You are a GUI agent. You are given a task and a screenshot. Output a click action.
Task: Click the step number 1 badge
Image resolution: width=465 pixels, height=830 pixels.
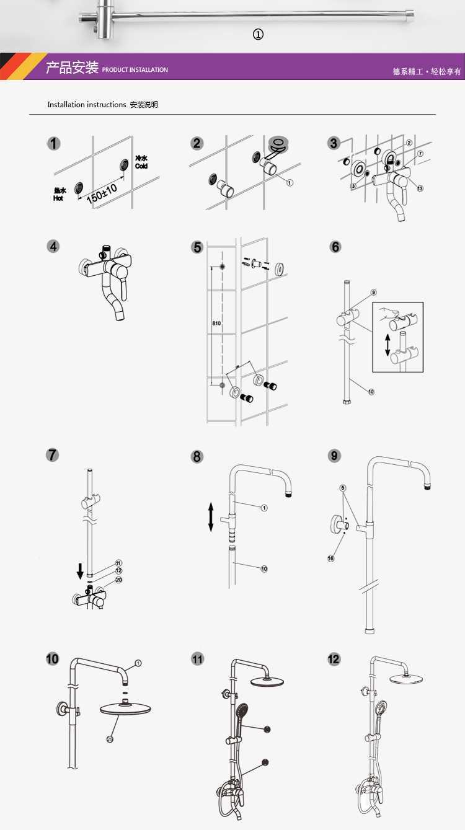(x=55, y=144)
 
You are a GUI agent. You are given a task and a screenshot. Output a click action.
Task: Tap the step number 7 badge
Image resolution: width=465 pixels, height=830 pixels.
(x=53, y=455)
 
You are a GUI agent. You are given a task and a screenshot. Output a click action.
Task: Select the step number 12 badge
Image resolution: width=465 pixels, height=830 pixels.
(x=334, y=658)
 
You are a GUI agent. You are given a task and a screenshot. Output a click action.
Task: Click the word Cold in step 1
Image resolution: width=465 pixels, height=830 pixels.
(x=141, y=166)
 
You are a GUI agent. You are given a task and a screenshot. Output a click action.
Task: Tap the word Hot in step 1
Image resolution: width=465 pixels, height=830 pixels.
(x=58, y=198)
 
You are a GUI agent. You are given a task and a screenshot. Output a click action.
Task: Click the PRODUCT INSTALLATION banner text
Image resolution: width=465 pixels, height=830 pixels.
(x=135, y=70)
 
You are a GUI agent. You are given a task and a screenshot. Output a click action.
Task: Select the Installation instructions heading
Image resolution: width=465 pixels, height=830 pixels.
(x=87, y=105)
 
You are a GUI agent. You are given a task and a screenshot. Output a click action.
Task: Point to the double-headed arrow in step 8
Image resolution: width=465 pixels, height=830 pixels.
(x=211, y=516)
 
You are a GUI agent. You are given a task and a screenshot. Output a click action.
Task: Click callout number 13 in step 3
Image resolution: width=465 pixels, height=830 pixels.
(x=420, y=188)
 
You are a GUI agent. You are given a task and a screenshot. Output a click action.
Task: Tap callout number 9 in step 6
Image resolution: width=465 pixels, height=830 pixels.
(x=374, y=292)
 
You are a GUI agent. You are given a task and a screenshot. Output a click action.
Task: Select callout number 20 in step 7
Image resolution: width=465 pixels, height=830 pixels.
(x=118, y=580)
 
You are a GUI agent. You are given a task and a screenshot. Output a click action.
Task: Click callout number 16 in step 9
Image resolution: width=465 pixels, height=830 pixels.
(x=331, y=558)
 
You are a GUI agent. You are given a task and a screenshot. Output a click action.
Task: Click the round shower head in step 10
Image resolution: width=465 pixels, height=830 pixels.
(x=126, y=709)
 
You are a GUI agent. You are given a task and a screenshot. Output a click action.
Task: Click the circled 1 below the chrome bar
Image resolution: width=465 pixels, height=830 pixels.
(x=258, y=35)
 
